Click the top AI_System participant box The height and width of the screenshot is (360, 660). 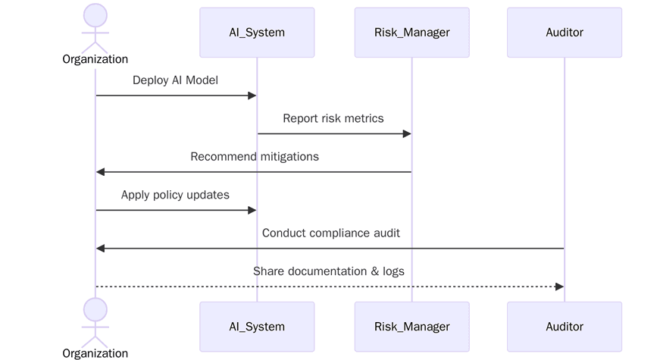(257, 33)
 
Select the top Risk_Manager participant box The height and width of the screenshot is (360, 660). (411, 33)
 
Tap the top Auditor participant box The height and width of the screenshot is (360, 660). (565, 33)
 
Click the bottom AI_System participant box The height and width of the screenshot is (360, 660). (257, 327)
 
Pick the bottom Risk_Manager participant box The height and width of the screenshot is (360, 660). (411, 327)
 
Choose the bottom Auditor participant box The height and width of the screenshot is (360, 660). (565, 327)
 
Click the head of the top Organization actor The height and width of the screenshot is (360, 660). (95, 15)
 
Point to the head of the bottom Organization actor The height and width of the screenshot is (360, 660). (95, 309)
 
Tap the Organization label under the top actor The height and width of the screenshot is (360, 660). (95, 59)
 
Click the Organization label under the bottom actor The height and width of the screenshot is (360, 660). (95, 353)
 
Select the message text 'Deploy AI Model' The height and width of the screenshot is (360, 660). (175, 80)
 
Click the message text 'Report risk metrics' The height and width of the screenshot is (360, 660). (333, 118)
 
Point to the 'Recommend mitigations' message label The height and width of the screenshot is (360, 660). (255, 157)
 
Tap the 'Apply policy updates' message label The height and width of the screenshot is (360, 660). (175, 195)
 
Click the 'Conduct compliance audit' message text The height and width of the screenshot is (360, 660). (331, 233)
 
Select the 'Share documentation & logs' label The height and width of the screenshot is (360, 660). (329, 271)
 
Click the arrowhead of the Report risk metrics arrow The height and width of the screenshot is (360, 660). (406, 134)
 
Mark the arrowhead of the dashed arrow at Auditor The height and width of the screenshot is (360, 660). (559, 286)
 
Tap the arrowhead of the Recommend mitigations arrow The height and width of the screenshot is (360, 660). (101, 172)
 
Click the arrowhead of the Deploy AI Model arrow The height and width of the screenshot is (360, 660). (252, 95)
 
